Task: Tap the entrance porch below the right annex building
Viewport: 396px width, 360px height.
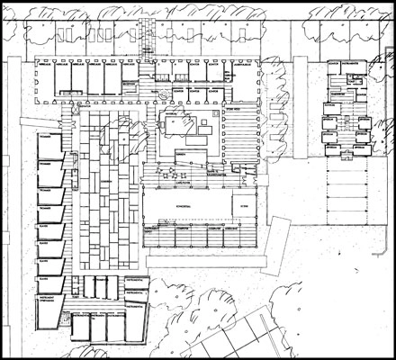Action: point(346,153)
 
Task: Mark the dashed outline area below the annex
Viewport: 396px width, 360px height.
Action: point(346,193)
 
